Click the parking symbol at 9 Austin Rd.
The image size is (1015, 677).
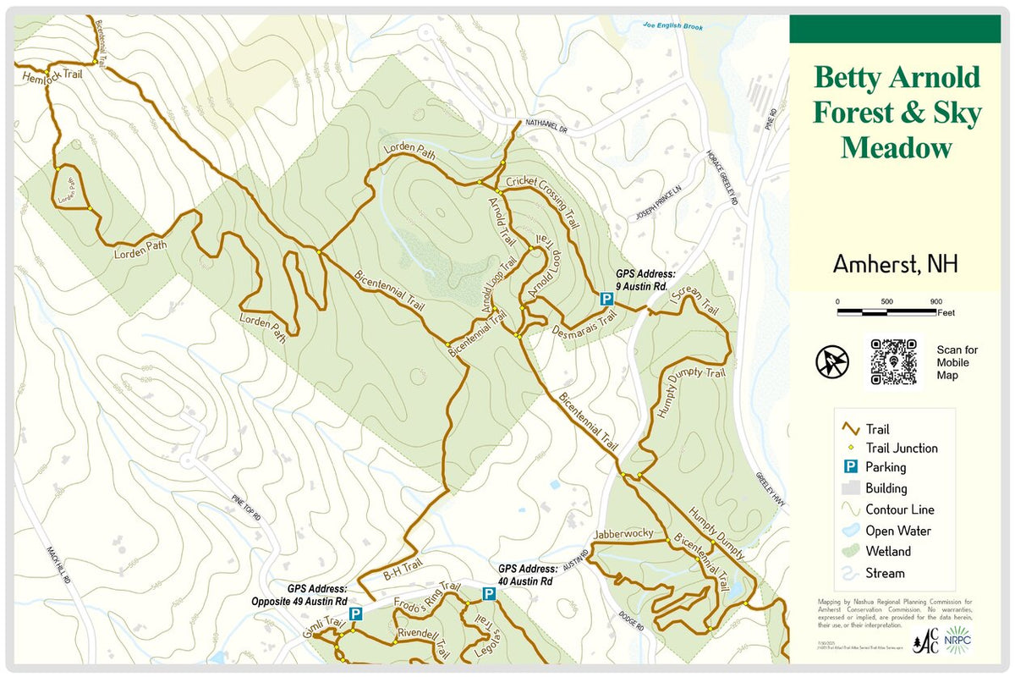(606, 299)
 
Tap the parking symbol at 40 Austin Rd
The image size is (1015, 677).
(488, 594)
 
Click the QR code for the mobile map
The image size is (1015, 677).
(894, 362)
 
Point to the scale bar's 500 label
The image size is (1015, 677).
(886, 301)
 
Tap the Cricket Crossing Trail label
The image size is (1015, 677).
(543, 202)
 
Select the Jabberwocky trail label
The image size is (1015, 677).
(624, 533)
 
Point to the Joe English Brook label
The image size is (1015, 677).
(672, 27)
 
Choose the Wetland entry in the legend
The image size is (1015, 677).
(888, 552)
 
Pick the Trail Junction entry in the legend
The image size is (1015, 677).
(901, 449)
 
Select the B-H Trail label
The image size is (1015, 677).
(402, 573)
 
